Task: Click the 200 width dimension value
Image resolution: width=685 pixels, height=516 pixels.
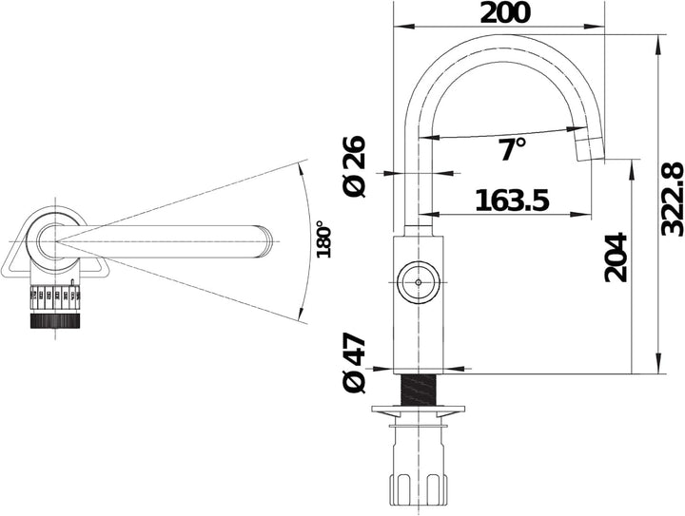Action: click(x=505, y=13)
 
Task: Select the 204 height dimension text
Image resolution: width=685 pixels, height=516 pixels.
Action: click(x=616, y=258)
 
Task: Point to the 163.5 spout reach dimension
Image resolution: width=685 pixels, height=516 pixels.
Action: click(x=512, y=201)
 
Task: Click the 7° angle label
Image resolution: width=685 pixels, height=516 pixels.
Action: click(x=512, y=149)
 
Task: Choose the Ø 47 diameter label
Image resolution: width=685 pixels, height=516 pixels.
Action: click(x=353, y=364)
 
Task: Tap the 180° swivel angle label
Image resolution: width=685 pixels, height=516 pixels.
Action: click(x=323, y=239)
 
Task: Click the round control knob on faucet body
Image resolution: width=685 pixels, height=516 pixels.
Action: click(x=419, y=282)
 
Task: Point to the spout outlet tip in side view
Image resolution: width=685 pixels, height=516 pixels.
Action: click(x=589, y=149)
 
